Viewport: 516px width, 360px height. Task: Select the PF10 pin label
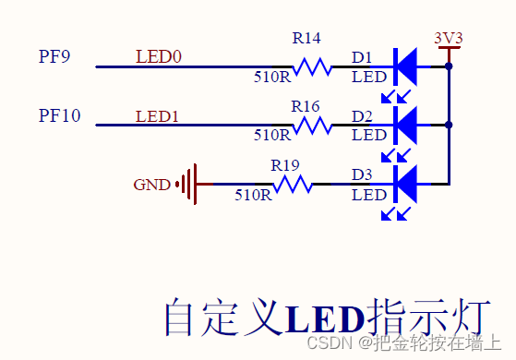(x=59, y=115)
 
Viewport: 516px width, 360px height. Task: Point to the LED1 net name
(x=159, y=116)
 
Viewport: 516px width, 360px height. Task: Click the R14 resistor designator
(x=306, y=39)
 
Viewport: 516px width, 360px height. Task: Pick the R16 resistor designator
(x=306, y=105)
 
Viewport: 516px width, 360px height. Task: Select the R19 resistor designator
(x=285, y=165)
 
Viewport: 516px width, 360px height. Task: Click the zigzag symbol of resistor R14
(x=312, y=66)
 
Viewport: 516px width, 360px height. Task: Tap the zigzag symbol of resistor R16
(x=312, y=125)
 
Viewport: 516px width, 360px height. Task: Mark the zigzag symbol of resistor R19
(x=293, y=184)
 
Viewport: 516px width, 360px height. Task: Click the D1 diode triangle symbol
(x=406, y=66)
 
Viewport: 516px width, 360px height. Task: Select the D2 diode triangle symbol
(x=406, y=125)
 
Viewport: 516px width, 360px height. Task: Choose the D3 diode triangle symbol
(x=406, y=184)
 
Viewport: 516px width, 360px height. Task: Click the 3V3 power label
(x=448, y=38)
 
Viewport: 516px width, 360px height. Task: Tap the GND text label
(x=151, y=185)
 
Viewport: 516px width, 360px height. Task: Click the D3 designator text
(x=362, y=174)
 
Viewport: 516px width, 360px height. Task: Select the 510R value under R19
(x=253, y=195)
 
